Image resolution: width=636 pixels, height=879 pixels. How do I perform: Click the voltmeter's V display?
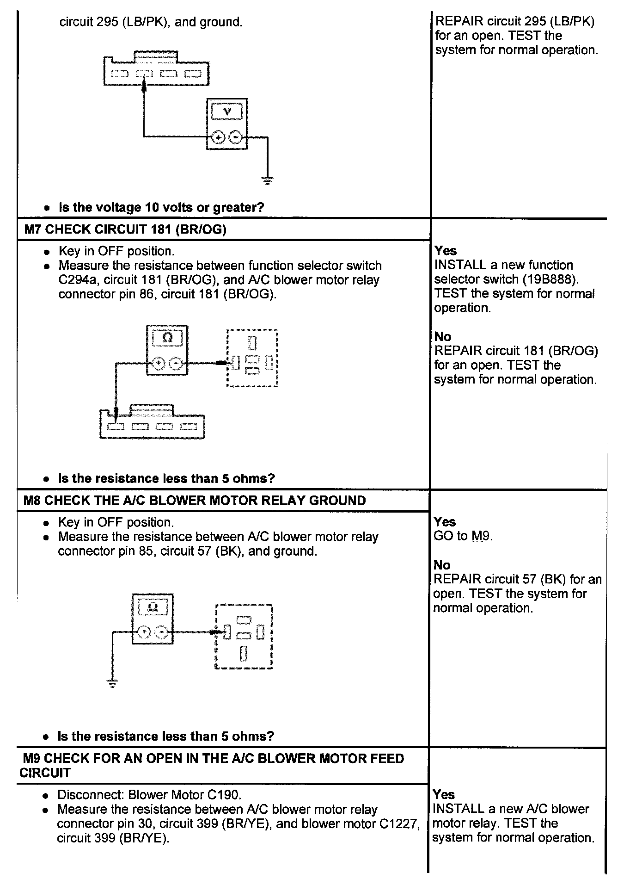tap(226, 111)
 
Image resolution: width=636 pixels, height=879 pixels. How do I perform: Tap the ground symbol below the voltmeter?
tap(267, 180)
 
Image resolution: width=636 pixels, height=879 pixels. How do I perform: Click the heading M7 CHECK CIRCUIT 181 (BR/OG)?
tap(125, 229)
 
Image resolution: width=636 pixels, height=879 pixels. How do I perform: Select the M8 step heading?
tap(195, 501)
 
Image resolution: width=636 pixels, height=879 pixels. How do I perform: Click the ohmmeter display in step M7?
tap(167, 338)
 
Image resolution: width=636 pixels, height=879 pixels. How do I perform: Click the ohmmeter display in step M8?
tap(153, 607)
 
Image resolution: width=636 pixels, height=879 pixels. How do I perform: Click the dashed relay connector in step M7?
tap(252, 358)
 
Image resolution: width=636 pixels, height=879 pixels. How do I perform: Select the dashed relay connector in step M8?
tap(244, 636)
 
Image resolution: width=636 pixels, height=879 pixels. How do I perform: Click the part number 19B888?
tap(555, 279)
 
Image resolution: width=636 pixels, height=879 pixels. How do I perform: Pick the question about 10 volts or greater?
tap(161, 207)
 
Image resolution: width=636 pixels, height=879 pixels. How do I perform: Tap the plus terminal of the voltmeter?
tap(219, 137)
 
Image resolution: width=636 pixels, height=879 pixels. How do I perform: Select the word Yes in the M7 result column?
tap(446, 251)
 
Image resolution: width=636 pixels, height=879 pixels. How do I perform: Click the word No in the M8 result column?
tap(442, 565)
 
